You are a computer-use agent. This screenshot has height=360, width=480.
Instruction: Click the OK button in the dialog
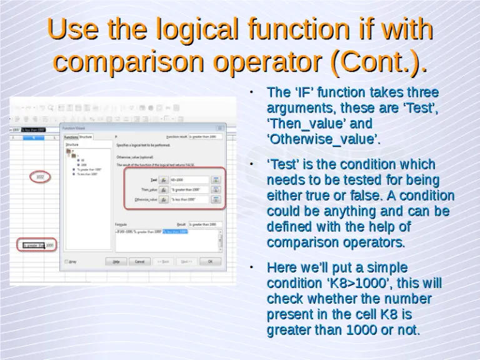210,262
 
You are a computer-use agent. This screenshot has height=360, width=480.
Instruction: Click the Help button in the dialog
116,262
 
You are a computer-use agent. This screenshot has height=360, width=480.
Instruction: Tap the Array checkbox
66,262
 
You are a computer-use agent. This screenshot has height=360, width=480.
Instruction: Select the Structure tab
86,136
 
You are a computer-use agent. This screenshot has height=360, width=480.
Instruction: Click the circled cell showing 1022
39,177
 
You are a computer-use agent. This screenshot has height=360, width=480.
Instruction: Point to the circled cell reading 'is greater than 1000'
37,245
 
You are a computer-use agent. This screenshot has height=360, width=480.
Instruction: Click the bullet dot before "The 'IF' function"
250,92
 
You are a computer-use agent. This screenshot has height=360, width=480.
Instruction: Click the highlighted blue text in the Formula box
175,231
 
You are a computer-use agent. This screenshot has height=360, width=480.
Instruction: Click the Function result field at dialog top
205,136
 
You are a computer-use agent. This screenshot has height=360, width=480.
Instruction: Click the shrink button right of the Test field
216,179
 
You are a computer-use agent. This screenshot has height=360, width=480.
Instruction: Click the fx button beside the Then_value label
164,189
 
